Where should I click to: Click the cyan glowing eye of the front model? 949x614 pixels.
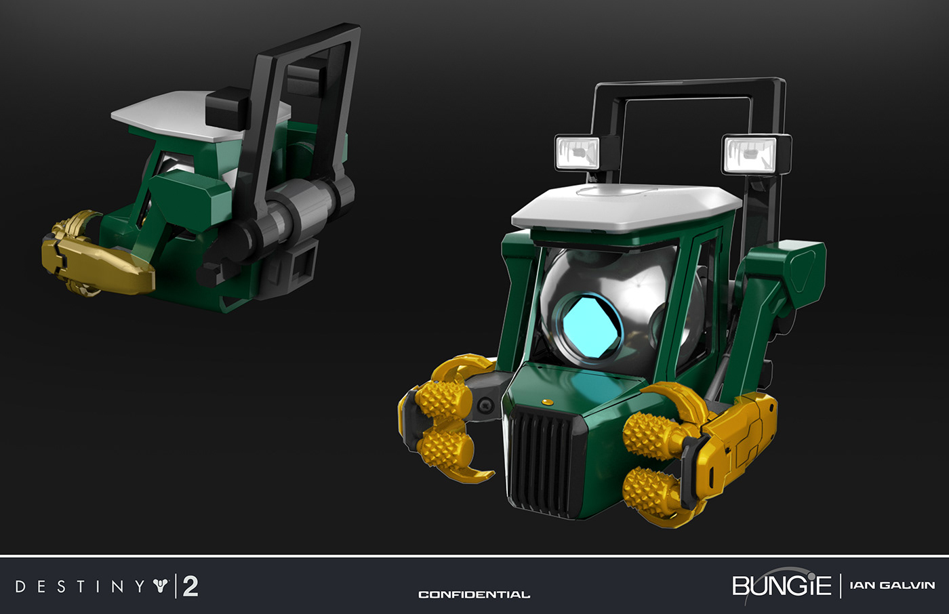tap(588, 327)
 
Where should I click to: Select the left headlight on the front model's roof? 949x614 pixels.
tap(577, 152)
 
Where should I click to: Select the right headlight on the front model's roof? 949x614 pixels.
tap(749, 154)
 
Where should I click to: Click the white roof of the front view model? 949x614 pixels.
tap(624, 206)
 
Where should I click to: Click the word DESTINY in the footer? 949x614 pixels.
tap(80, 586)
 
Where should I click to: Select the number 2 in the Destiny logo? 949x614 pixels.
tap(190, 586)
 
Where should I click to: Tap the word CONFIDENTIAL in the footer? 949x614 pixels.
tap(474, 594)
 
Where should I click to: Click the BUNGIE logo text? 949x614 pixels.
tap(781, 586)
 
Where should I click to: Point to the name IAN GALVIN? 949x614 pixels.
tap(891, 585)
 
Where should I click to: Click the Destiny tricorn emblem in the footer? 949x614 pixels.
tap(160, 586)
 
